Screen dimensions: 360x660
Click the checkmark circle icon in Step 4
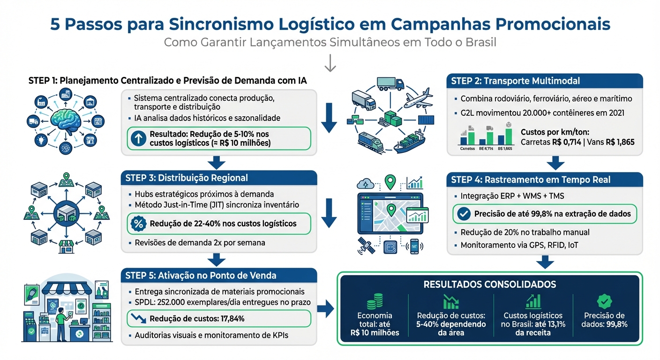pos(464,214)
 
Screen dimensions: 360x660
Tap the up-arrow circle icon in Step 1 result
pos(139,138)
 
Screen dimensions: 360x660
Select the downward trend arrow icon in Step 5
pos(139,318)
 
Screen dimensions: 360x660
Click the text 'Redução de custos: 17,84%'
pos(197,319)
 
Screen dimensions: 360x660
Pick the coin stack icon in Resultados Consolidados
pos(375,301)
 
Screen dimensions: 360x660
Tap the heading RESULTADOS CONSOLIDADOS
pos(490,285)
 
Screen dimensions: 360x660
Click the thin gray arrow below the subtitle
pos(330,63)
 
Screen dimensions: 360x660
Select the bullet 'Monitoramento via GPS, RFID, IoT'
pos(519,245)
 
